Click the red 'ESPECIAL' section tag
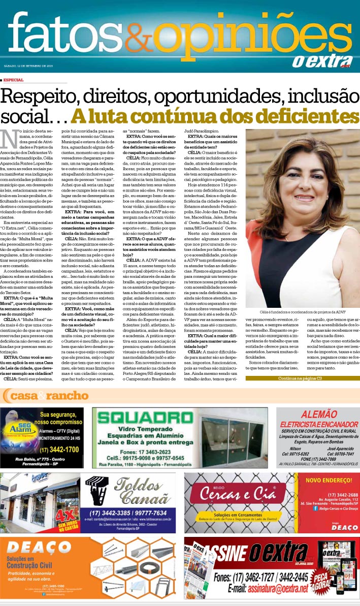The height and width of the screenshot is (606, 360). tap(13, 80)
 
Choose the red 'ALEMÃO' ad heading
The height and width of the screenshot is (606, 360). tap(318, 414)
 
